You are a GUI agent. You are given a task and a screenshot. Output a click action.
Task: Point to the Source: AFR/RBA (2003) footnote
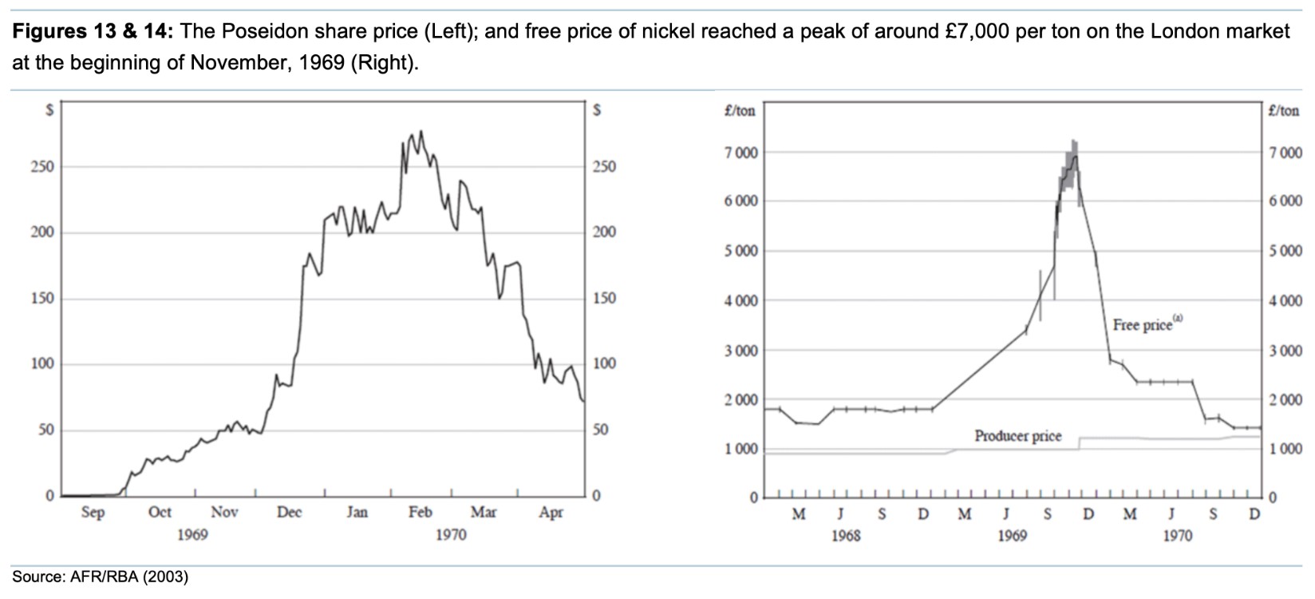[100, 577]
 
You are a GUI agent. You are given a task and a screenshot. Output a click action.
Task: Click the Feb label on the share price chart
[420, 512]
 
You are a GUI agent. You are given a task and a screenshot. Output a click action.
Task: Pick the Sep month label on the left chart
[93, 512]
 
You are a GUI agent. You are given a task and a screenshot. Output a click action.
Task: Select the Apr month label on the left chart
[551, 512]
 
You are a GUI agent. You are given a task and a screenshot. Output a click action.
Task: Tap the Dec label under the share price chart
[289, 512]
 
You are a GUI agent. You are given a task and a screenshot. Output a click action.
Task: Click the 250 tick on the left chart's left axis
[42, 167]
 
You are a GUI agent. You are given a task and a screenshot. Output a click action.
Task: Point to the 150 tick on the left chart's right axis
[604, 298]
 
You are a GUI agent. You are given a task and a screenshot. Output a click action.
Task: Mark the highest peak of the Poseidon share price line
[421, 132]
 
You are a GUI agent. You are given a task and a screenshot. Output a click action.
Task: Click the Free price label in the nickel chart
[1143, 325]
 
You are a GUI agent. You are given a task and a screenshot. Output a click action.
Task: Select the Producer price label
[1017, 436]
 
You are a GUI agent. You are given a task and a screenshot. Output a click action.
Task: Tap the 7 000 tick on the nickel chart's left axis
[741, 152]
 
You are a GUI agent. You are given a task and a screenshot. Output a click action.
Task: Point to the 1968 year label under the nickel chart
[845, 535]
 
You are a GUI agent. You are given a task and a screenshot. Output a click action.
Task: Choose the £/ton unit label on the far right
[1284, 111]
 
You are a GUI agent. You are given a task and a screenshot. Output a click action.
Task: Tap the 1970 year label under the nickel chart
[1176, 535]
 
